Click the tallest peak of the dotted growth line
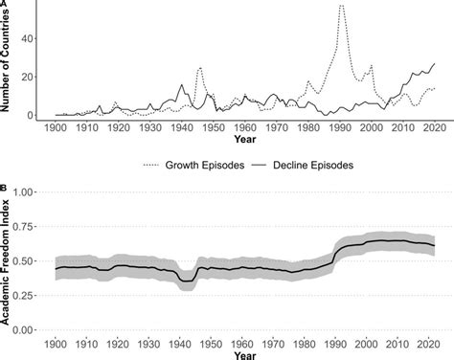point(342,6)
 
